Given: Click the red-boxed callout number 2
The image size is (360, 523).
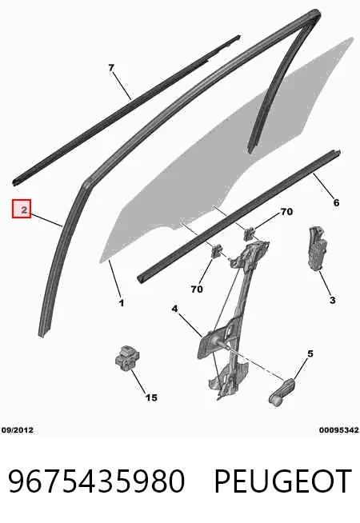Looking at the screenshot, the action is (22, 209).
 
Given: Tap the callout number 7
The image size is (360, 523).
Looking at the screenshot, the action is (111, 68).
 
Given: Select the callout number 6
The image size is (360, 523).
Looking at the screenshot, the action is (336, 202).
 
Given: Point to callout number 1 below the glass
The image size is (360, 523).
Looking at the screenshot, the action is (122, 303).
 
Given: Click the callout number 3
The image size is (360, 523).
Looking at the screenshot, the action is (332, 300).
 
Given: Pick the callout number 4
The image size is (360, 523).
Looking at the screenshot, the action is (175, 309).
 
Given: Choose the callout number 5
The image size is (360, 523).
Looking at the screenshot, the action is (310, 353).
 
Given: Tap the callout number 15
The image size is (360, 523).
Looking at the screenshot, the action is (151, 397).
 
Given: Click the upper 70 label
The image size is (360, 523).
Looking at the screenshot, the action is (286, 211).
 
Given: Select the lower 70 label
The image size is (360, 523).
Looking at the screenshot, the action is (197, 289).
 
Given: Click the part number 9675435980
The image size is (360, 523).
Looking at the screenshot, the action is (96, 481).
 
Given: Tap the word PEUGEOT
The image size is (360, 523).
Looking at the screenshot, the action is (282, 481).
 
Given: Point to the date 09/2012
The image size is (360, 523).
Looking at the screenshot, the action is (18, 430).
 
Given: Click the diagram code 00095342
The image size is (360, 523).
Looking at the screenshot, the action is (338, 430).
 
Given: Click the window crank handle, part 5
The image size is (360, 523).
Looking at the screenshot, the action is (282, 392).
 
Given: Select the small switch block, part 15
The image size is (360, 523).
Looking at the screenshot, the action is (126, 359).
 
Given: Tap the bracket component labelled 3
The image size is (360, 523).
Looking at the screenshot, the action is (317, 247).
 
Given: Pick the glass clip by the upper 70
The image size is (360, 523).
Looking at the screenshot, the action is (250, 234).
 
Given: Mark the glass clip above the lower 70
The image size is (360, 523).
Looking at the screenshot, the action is (218, 250).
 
